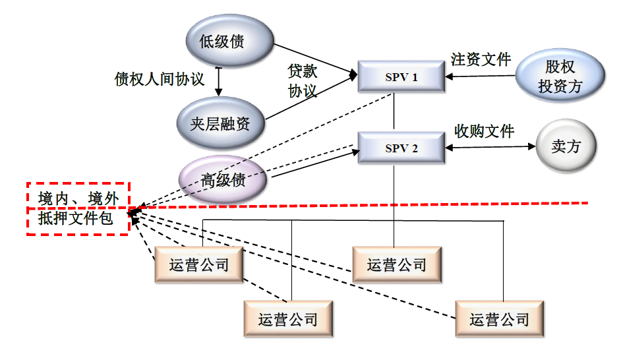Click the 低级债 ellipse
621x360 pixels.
click(x=222, y=42)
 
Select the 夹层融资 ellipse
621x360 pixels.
click(x=220, y=123)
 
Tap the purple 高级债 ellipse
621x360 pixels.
click(x=223, y=179)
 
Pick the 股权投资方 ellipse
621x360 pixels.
click(x=560, y=76)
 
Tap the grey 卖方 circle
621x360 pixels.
click(x=566, y=146)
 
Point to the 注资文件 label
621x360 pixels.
click(x=481, y=59)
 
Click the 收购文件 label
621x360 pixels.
click(x=485, y=130)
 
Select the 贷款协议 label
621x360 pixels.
click(x=303, y=80)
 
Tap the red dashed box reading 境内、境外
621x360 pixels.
click(x=78, y=196)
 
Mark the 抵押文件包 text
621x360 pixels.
click(x=75, y=220)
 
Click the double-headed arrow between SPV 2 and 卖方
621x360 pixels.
click(x=490, y=148)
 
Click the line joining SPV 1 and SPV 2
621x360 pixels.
click(x=394, y=112)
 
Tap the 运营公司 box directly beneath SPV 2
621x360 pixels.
click(x=396, y=265)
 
